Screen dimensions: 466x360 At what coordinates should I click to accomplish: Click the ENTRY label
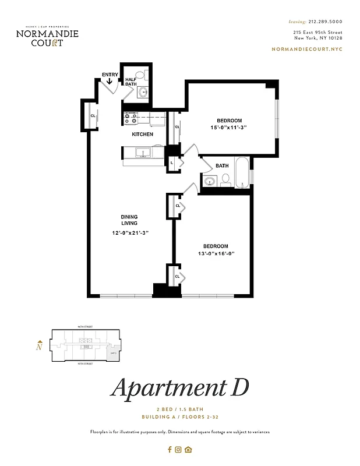click(x=110, y=75)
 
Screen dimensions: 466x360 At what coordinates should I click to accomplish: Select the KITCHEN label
click(x=142, y=135)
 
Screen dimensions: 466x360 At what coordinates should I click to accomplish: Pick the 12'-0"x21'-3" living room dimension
click(x=130, y=233)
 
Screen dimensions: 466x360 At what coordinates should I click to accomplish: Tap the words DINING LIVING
click(x=129, y=220)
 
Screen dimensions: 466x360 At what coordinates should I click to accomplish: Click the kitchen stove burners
click(x=130, y=118)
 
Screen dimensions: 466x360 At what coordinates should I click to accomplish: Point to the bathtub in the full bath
click(x=242, y=172)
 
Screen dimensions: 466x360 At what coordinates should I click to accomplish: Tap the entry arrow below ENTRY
click(x=110, y=82)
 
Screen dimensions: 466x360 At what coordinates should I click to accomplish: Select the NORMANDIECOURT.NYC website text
click(x=307, y=50)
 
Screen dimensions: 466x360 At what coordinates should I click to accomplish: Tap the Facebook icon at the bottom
click(x=170, y=449)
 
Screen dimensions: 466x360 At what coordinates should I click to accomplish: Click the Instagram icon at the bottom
click(x=179, y=449)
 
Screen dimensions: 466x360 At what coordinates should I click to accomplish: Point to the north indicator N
click(x=39, y=347)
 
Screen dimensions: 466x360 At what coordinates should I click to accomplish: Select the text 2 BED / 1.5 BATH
click(x=179, y=410)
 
